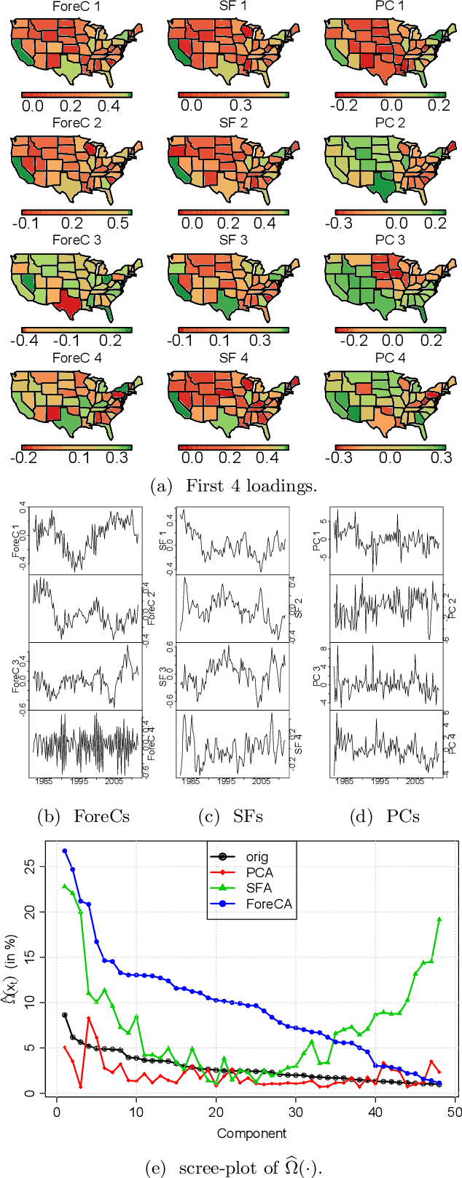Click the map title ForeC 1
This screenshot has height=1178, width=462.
(x=77, y=6)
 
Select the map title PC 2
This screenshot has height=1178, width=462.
(x=390, y=123)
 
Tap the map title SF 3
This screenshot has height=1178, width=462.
(x=233, y=240)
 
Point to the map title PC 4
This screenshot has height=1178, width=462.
(x=390, y=357)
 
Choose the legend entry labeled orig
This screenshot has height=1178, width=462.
(x=257, y=857)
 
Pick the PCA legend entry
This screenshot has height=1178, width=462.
(x=259, y=872)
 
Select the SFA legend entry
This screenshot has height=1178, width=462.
(x=259, y=888)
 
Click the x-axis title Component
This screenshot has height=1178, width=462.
(x=251, y=1133)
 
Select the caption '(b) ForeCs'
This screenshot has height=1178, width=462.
(x=83, y=816)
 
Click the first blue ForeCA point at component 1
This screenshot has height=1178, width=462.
(x=65, y=850)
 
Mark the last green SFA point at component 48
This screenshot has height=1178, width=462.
(x=439, y=919)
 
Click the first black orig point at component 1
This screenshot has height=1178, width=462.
(x=65, y=1015)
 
